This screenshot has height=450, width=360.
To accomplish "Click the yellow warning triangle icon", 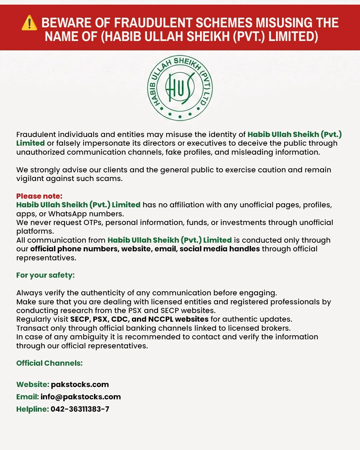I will [29, 23].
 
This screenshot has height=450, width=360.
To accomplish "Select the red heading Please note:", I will [39, 196].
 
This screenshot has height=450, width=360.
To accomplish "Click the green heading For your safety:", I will [45, 275].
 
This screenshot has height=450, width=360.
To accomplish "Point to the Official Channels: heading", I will [49, 363].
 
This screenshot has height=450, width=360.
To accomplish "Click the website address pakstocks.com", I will [80, 384].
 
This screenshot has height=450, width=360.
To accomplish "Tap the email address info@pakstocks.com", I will [81, 397].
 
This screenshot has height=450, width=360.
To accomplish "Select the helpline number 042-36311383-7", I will [80, 409].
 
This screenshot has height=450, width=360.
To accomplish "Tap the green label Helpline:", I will [33, 409].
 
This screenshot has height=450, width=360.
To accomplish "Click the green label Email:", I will [28, 397].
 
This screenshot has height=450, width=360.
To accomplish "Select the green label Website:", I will [33, 384].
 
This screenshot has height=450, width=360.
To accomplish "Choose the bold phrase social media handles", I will [220, 249].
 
